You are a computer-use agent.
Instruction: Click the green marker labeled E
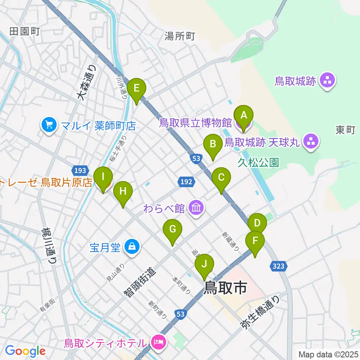tap(136, 89)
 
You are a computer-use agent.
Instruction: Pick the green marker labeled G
tap(172, 230)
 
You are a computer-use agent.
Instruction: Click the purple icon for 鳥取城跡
tap(328, 81)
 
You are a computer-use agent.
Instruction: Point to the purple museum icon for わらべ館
tap(196, 208)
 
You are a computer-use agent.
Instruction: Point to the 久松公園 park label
tap(258, 162)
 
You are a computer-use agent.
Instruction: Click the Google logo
tap(25, 351)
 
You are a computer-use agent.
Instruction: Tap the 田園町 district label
tap(24, 31)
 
